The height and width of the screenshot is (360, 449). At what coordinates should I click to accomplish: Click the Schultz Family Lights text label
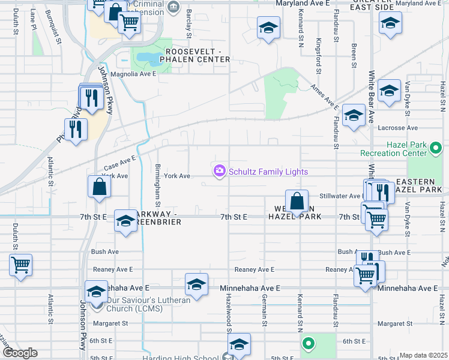(268, 172)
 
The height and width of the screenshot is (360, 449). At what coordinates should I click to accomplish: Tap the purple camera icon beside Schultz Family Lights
(220, 172)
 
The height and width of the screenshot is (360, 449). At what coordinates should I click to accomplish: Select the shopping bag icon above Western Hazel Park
(297, 201)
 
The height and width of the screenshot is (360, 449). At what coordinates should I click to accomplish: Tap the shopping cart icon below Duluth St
(21, 265)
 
